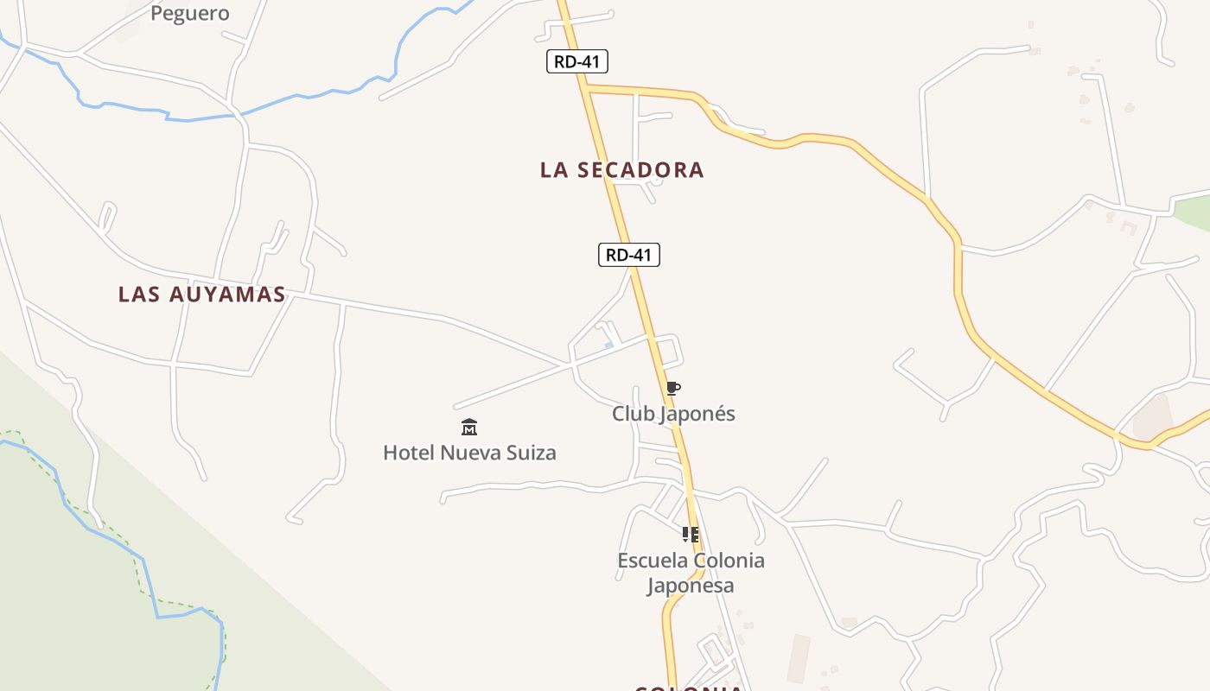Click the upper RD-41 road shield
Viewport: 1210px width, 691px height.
coord(577,61)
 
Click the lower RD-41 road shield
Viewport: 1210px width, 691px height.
coord(629,255)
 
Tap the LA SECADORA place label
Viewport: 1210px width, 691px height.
coord(622,170)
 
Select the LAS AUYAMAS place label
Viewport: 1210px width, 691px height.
coord(202,295)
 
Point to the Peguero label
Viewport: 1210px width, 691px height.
coord(190,13)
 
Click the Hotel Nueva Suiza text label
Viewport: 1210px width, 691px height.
coord(469,453)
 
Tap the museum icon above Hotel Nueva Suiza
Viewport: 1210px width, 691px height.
coord(469,427)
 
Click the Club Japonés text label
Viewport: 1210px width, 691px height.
coord(673,414)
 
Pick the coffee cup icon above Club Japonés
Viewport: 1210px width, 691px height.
coord(672,389)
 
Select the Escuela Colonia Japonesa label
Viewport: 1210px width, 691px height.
coord(691,573)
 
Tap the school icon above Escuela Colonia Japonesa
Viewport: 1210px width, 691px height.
coord(690,535)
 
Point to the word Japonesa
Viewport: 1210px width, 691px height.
coord(691,586)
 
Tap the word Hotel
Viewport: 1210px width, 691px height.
coord(409,453)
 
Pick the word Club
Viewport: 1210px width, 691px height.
coord(630,414)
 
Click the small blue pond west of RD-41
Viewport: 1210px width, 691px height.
coord(609,345)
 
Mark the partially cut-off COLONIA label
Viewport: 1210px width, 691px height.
coord(689,688)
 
